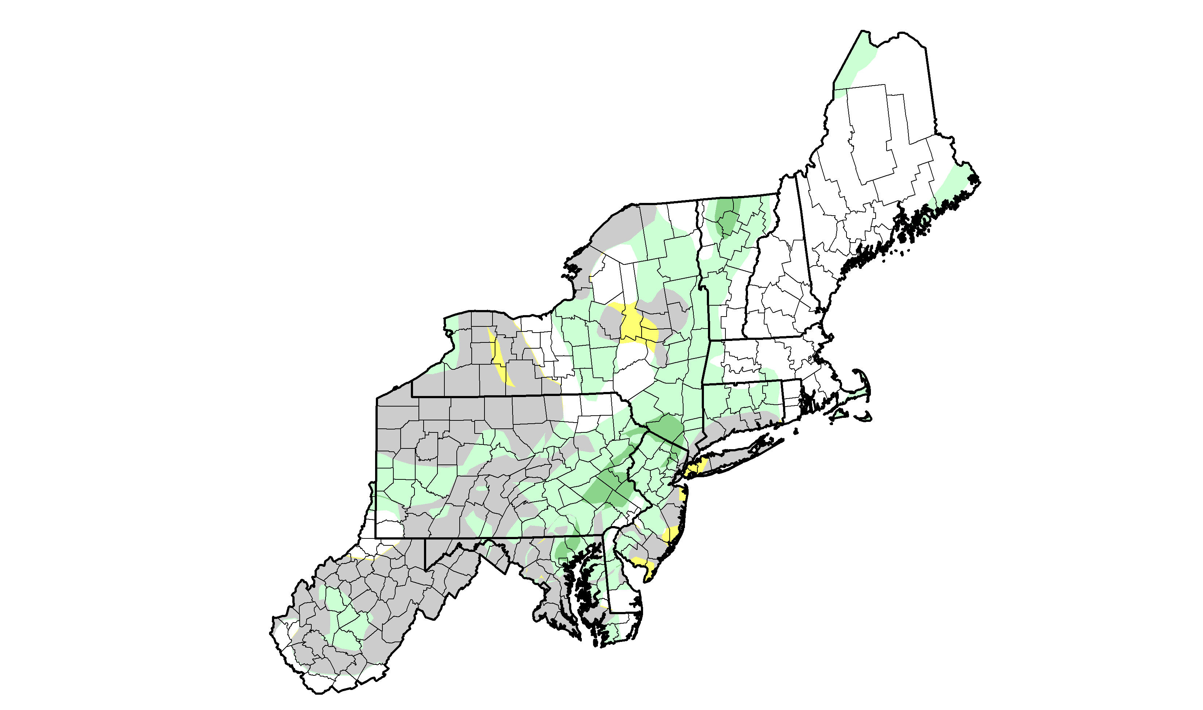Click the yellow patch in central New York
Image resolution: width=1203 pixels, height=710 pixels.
(x=634, y=325)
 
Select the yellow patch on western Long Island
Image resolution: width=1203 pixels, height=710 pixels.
(x=697, y=467)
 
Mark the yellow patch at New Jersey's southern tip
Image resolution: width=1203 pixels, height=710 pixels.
(x=644, y=567)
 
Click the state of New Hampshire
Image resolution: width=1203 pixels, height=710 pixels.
(x=775, y=287)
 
